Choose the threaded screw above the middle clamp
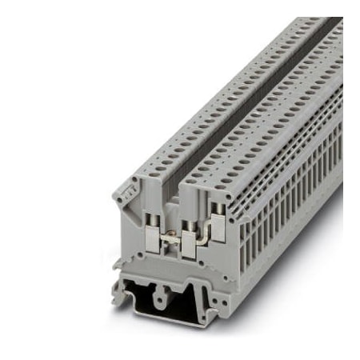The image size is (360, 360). [189, 218]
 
